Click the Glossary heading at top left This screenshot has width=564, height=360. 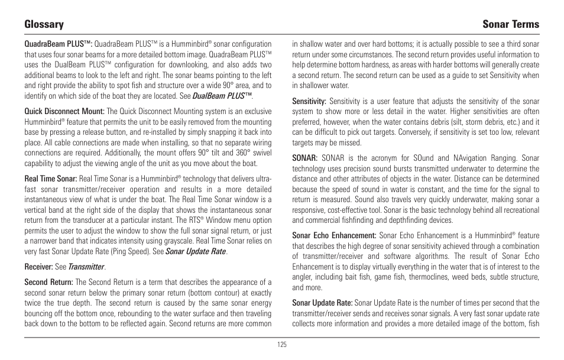click(44, 24)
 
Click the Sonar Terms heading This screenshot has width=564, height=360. click(510, 24)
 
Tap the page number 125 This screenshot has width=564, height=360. click(281, 345)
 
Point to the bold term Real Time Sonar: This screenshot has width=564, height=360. click(50, 178)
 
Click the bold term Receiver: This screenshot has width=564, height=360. click(37, 267)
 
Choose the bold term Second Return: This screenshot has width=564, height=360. click(48, 283)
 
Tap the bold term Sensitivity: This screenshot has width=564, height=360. click(309, 101)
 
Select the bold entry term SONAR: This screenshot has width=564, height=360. click(305, 158)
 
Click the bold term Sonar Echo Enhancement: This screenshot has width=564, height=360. click(334, 235)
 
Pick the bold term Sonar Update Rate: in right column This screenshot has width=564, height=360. click(322, 303)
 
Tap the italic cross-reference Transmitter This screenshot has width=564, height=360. click(86, 267)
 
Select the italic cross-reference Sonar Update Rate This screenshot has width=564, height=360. click(196, 251)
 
